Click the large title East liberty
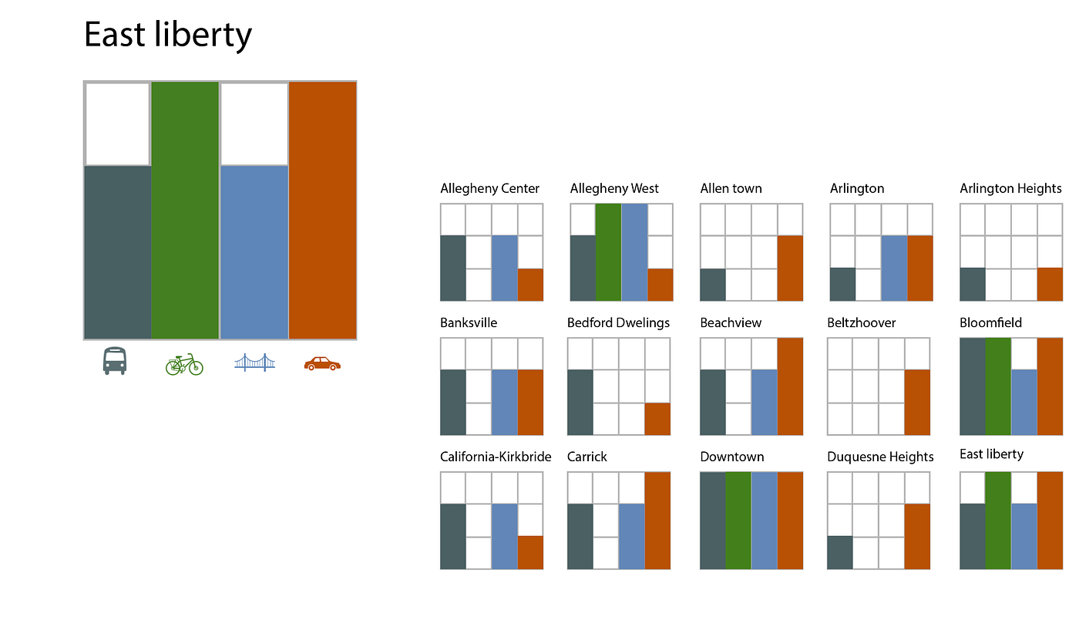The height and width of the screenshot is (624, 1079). click(167, 35)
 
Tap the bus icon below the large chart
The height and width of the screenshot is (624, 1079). click(114, 361)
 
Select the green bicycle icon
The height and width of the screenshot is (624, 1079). click(184, 364)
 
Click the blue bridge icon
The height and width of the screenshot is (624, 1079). click(254, 363)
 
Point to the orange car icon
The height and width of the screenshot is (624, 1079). click(322, 363)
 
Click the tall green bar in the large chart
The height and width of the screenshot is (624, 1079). click(185, 210)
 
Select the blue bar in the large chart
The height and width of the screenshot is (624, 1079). click(254, 252)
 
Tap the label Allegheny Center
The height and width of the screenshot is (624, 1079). click(489, 188)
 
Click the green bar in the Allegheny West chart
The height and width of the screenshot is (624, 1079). click(608, 252)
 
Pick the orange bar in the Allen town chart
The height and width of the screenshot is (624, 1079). click(790, 268)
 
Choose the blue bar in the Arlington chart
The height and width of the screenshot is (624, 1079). click(894, 268)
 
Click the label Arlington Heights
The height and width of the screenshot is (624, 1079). click(1010, 188)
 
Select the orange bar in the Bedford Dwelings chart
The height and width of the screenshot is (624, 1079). click(657, 419)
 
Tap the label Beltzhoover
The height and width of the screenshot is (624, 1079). click(861, 322)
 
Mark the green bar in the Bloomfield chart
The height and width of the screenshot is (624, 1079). click(998, 386)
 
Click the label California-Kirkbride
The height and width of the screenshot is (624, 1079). click(496, 457)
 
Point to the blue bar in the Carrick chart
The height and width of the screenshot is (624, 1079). click(631, 536)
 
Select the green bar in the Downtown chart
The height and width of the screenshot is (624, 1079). click(738, 521)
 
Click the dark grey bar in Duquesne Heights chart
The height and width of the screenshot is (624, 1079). click(840, 552)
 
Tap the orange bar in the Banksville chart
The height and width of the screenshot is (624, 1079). click(530, 402)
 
